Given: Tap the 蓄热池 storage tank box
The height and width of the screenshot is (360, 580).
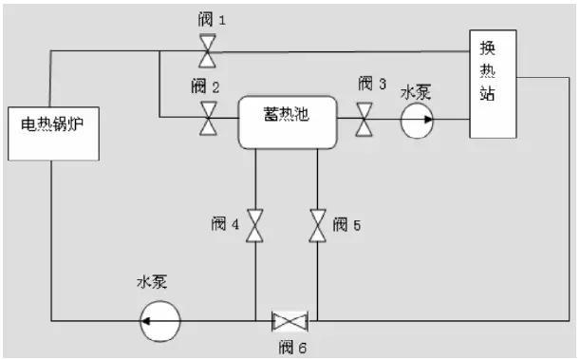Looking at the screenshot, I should point(286,121).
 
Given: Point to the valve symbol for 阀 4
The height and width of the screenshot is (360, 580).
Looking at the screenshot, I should point(254,225).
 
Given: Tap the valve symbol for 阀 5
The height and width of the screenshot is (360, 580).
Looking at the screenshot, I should point(316,225).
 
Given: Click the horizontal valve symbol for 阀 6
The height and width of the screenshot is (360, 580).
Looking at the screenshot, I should point(286,320).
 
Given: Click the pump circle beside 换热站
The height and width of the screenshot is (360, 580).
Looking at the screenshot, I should point(417,120).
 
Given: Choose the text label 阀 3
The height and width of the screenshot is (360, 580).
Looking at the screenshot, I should point(371,84).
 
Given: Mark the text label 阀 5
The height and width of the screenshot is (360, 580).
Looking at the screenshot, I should point(347,225).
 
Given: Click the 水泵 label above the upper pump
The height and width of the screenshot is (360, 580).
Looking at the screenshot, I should point(416,92).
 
